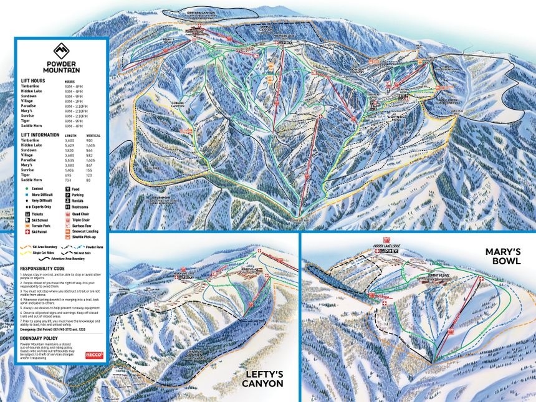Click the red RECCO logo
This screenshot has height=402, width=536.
coord(94,356)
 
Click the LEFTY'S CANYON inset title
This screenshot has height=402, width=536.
coord(262,378)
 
